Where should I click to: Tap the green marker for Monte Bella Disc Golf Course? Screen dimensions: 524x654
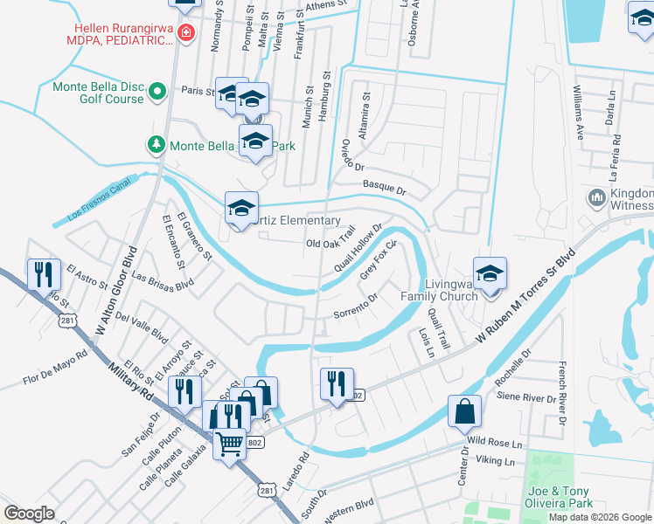coord(157,91)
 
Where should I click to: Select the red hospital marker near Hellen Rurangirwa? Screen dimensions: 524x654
coord(185,34)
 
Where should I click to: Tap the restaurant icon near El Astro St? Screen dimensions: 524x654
coord(43,275)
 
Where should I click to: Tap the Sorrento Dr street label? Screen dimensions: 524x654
coord(354,306)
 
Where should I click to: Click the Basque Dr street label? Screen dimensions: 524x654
coord(385,187)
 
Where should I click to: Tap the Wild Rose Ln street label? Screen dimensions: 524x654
coord(494,443)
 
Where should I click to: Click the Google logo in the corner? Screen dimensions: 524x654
coord(30,513)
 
